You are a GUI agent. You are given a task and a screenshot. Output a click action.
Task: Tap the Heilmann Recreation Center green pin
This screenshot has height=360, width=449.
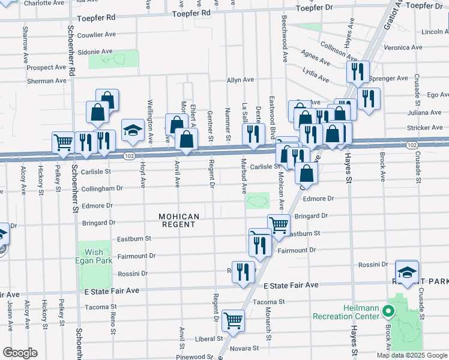387,312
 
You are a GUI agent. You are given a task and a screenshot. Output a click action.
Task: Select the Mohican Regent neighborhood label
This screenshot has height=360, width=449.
178,220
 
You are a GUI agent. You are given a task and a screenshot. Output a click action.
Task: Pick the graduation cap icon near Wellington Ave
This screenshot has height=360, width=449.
133,130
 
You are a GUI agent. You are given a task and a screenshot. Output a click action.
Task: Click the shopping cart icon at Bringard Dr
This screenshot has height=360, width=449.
279,225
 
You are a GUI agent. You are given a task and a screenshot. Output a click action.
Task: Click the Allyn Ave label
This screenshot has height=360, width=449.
240,79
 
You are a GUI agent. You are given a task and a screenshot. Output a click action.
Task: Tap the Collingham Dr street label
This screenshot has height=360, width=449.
102,188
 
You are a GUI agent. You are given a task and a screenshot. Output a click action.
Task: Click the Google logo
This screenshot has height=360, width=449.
20,353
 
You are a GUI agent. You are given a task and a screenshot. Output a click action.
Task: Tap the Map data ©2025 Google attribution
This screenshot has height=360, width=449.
412,355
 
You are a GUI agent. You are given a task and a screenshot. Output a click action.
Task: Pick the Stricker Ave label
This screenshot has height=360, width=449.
424,128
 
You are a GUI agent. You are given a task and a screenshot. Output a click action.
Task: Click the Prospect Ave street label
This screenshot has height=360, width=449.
46,68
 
